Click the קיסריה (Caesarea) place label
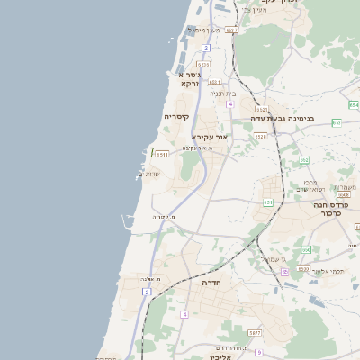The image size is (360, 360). click(x=175, y=117)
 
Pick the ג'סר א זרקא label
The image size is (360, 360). click(x=188, y=78)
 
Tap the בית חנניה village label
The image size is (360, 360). click(x=222, y=94)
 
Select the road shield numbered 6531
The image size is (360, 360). click(x=203, y=65)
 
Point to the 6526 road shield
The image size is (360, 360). click(x=260, y=137)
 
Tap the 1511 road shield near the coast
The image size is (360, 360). click(x=162, y=154)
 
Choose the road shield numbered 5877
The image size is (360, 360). click(x=255, y=332)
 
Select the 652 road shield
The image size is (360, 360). click(x=304, y=160)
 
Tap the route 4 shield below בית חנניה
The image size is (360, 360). click(x=229, y=104)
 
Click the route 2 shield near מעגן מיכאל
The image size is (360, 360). click(x=205, y=47)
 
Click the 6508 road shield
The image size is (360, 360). click(x=343, y=194)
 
